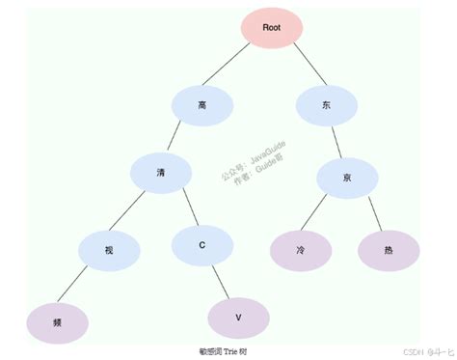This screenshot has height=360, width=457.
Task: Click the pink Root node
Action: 272,28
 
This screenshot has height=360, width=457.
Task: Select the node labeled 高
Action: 202,104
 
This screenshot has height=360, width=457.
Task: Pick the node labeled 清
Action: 161,173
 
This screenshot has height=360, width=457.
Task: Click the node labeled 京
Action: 347,179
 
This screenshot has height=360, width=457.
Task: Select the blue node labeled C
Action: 202,244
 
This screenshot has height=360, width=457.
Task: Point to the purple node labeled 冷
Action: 301,249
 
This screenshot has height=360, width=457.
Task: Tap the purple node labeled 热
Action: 389,249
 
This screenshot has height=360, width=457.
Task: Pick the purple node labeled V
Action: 238,317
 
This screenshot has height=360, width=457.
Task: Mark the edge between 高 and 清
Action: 181,139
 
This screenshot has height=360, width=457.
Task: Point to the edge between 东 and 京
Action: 336,142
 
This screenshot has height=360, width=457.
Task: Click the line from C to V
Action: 221,281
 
